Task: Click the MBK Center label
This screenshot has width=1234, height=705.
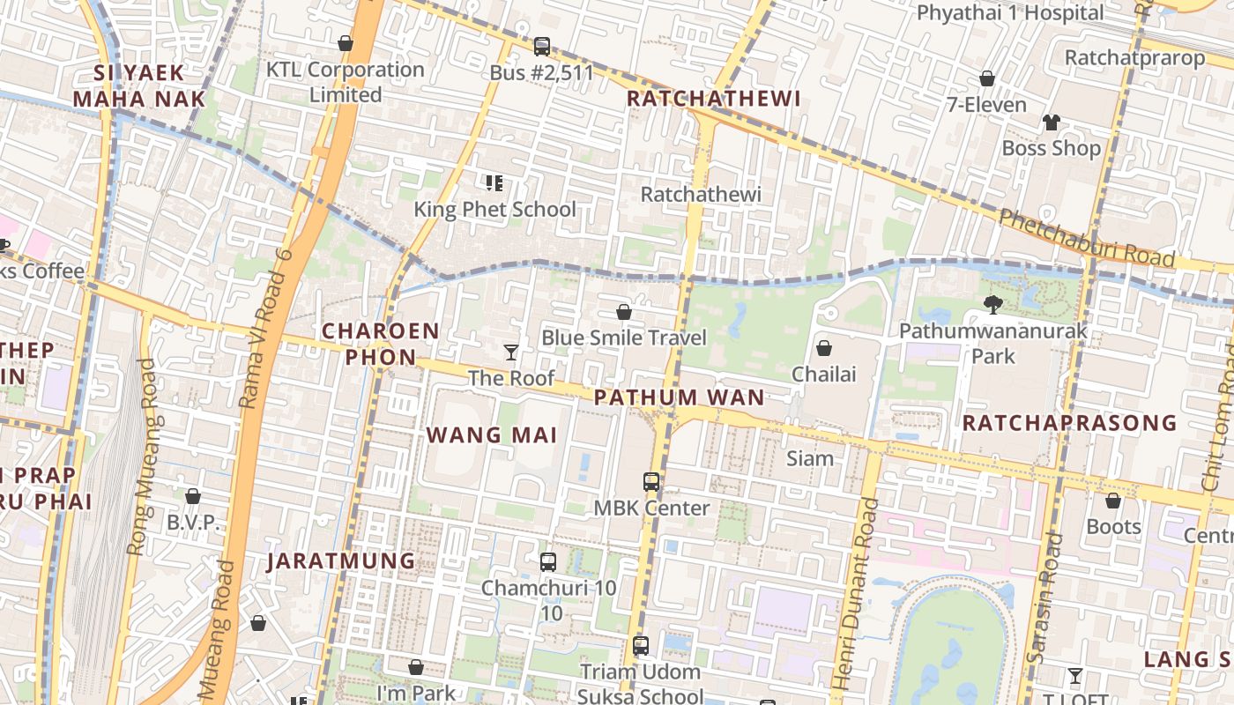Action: pos(651,508)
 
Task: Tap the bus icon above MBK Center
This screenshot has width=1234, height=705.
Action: pos(651,482)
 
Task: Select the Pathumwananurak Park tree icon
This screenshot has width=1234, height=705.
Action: pos(992,305)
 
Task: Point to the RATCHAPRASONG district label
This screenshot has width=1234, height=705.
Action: pos(1070,423)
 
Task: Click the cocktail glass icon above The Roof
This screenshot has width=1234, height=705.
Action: pos(511,352)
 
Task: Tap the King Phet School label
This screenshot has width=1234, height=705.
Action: pos(494,210)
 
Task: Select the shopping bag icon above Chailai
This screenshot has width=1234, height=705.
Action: pos(824,348)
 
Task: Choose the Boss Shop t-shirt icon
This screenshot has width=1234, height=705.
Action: pos(1051,122)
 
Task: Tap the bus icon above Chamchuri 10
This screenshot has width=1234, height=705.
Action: pos(548,561)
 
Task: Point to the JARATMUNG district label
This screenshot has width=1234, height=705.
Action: pos(341,561)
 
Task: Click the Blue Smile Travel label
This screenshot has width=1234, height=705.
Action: pos(624,338)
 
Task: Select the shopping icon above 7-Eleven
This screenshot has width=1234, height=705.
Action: pos(987,78)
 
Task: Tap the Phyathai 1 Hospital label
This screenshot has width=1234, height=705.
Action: pos(1010,13)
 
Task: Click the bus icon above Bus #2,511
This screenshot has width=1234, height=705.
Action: pos(542,46)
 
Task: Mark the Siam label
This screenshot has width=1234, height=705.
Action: pos(810,458)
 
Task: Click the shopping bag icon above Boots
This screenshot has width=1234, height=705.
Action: pos(1113,501)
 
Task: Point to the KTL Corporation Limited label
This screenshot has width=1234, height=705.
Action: pos(346,82)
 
